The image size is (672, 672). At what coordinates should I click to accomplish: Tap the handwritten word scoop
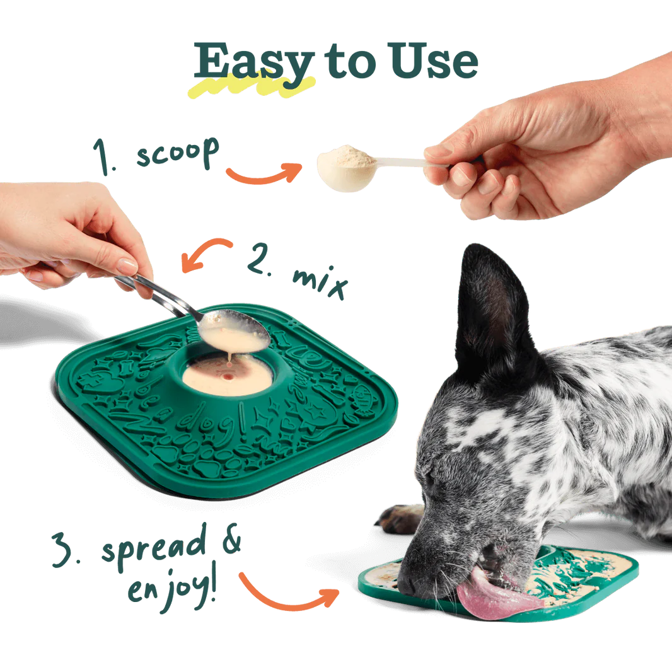(x=177, y=153)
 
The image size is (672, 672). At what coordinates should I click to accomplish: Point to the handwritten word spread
(x=153, y=548)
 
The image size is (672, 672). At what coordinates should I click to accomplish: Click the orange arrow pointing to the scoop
(x=264, y=173)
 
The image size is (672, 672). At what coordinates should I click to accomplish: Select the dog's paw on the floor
(x=398, y=519)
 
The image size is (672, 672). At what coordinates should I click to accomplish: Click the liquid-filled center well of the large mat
(x=227, y=375)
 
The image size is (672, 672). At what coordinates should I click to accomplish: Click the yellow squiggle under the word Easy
(x=252, y=86)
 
